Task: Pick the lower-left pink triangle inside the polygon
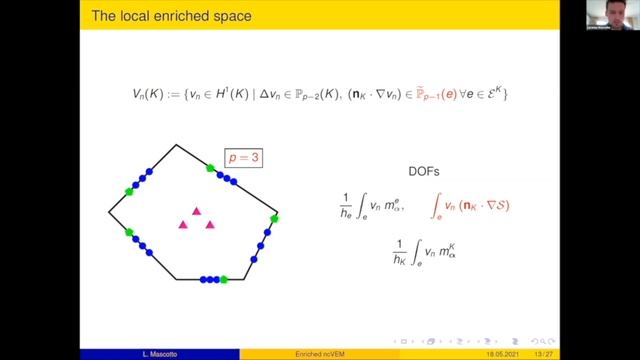coord(183,225)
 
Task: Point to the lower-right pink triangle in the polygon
coord(211,225)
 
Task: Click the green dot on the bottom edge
coord(225,280)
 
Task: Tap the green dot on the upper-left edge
coord(128,191)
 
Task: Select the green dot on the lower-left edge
coord(130,232)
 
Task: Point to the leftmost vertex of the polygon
coord(108,212)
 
